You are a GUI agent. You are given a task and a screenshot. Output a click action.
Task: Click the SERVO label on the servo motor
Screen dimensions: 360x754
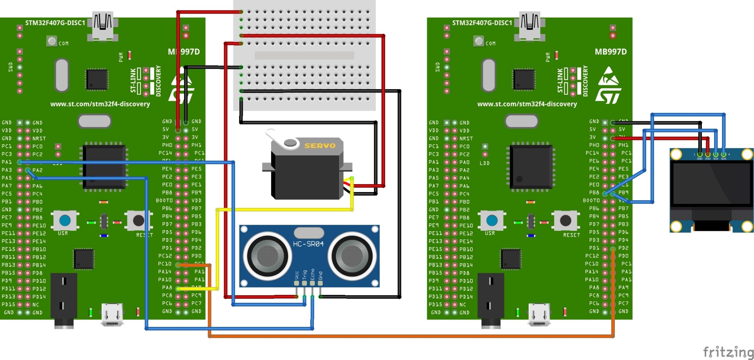click(320, 146)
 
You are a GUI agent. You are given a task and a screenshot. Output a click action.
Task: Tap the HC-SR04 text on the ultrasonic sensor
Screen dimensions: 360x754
click(308, 244)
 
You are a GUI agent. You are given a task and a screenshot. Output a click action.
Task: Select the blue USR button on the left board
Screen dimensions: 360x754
click(65, 220)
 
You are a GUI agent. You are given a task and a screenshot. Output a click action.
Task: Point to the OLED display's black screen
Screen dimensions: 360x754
click(711, 187)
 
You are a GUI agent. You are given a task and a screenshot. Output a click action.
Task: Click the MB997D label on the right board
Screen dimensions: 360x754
click(611, 52)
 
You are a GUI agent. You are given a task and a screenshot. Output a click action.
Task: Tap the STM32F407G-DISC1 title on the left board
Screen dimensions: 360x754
click(55, 23)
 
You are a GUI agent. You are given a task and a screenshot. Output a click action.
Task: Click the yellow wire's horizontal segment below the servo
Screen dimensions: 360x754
click(284, 209)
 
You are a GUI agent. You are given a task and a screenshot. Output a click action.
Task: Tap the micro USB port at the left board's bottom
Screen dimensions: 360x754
click(113, 314)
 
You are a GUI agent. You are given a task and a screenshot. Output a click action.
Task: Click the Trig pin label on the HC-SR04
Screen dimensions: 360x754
click(305, 275)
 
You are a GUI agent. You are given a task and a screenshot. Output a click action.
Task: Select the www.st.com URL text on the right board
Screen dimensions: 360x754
click(527, 104)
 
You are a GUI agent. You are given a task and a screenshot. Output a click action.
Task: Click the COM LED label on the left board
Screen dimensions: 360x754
click(64, 44)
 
